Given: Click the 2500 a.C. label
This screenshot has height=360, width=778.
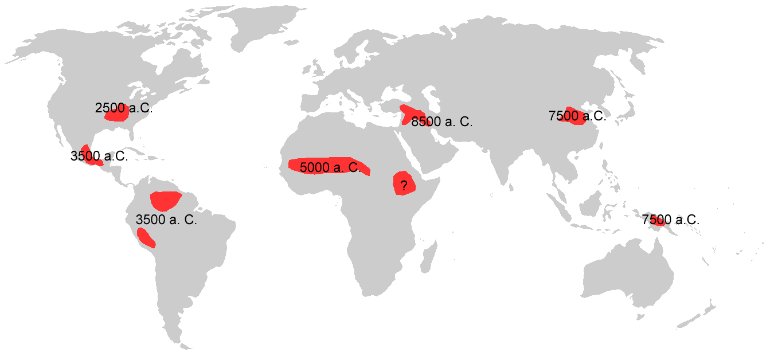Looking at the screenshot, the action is point(123,108).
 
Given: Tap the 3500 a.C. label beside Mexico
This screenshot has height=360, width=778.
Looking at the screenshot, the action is point(99,156).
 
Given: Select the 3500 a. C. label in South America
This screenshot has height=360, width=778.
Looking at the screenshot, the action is point(166,220).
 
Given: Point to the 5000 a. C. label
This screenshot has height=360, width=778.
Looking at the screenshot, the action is point(330,168).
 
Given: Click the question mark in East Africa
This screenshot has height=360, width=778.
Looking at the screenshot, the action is point(404,185).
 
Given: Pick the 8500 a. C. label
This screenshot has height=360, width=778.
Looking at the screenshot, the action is point(442,122).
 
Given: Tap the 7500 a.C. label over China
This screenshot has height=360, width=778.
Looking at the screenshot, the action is point(577,116).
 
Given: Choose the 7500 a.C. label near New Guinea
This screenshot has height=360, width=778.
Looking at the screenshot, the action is point(671,220).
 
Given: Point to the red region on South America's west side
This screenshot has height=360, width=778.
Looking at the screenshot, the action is point(146,237).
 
